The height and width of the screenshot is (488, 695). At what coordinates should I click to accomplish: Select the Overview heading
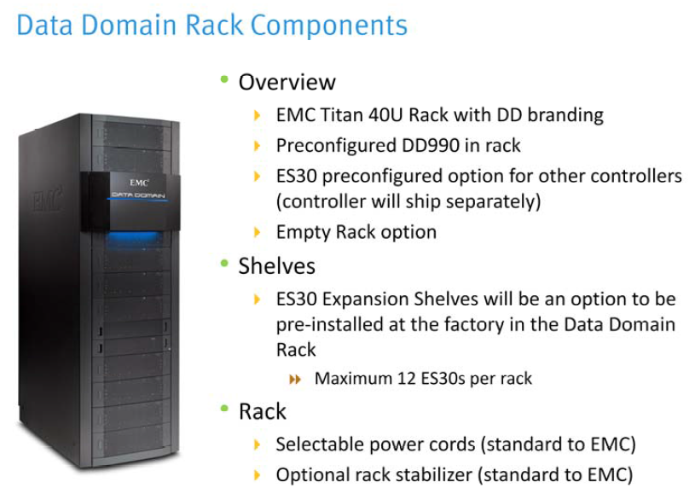287,82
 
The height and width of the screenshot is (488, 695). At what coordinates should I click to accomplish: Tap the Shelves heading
276,266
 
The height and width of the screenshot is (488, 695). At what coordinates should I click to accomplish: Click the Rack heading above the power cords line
262,411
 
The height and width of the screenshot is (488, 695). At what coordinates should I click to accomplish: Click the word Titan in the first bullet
346,114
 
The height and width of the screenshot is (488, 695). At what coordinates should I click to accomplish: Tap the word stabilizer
442,473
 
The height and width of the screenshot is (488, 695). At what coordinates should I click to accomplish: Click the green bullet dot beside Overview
224,80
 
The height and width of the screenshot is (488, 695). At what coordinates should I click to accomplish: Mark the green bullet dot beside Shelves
224,264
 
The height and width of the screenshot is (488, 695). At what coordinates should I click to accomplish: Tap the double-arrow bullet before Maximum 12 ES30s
297,378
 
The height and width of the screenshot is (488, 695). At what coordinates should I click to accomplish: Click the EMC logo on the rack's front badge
140,182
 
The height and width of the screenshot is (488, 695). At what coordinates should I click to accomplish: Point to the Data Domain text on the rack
140,195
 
